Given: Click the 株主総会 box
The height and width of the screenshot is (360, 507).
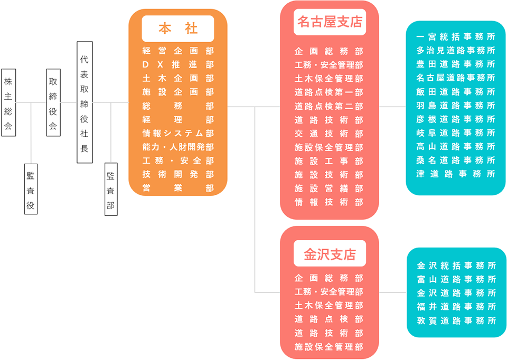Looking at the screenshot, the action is (x=8, y=102).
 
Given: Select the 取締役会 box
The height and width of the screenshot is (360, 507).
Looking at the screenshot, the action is (x=53, y=102).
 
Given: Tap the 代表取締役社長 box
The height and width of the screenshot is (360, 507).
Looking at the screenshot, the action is (x=84, y=102).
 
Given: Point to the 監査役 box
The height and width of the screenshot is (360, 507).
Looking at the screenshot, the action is (x=31, y=189).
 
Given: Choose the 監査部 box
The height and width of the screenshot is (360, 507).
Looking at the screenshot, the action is (x=111, y=189).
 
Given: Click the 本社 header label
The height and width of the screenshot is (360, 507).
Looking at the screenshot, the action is (x=178, y=29).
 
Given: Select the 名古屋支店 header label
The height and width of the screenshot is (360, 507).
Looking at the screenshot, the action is (x=330, y=22).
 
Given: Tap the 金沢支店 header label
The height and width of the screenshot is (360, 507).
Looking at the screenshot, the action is (x=330, y=254).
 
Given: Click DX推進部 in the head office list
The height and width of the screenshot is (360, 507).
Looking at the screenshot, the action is (x=178, y=64).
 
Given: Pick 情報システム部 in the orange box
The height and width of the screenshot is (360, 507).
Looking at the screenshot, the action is (x=178, y=133).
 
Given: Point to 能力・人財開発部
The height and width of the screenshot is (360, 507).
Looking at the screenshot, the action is (x=178, y=147).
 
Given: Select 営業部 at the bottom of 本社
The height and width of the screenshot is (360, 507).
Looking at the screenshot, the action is (x=178, y=188).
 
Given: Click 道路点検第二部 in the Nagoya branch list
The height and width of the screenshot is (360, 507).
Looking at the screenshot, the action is (x=329, y=106).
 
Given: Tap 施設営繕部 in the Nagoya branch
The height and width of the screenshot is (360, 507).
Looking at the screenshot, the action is (x=329, y=188).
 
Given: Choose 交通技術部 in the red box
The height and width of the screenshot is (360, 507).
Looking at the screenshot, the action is (x=329, y=134).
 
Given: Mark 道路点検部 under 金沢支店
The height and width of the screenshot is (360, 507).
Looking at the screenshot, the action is (x=329, y=319).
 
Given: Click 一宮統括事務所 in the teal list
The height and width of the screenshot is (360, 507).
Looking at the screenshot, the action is (x=456, y=37).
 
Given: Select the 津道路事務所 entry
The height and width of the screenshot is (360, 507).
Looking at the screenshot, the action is (x=456, y=174).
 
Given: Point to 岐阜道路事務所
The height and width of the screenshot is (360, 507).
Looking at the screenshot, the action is (x=456, y=133).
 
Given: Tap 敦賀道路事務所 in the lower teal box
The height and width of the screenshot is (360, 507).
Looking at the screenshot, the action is (x=456, y=320).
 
